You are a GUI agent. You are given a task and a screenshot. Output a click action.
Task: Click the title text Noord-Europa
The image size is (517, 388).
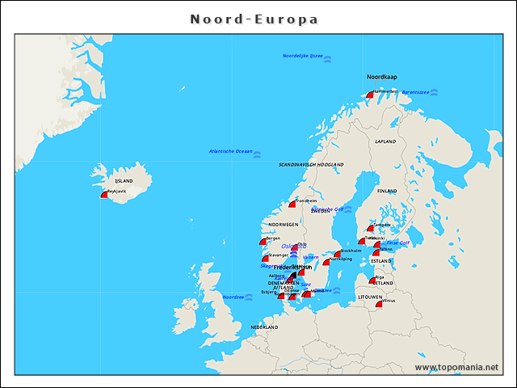pyautogui.click(x=254, y=19)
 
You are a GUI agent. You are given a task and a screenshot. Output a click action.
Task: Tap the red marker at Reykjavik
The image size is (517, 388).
pyautogui.click(x=103, y=194)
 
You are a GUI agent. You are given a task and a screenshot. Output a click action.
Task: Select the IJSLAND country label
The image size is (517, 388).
pyautogui.click(x=124, y=181)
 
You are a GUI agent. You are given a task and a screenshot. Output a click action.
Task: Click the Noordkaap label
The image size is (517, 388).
pyautogui.click(x=382, y=77)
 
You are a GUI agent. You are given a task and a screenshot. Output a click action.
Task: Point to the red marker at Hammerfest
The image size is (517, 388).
pyautogui.click(x=370, y=95)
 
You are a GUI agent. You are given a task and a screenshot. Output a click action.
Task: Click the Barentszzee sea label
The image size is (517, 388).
pyautogui.click(x=415, y=92)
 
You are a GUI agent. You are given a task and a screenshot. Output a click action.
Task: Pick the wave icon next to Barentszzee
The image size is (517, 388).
pyautogui.click(x=435, y=92)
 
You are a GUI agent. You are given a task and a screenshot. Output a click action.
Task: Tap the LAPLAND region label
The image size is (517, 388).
pyautogui.click(x=385, y=141)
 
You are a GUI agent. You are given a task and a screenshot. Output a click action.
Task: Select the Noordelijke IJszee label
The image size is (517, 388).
pyautogui.click(x=302, y=56)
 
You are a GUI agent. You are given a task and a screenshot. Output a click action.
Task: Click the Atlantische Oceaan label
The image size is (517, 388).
pyautogui.click(x=230, y=151)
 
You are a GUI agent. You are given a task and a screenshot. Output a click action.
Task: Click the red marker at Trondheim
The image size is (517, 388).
pyautogui.click(x=293, y=204)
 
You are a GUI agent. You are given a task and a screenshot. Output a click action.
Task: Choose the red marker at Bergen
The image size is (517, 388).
pyautogui.click(x=263, y=242)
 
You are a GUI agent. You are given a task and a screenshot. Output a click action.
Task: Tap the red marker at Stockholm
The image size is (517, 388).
pyautogui.click(x=338, y=254)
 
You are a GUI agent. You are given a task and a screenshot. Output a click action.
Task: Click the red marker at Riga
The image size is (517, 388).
pyautogui.click(x=372, y=280)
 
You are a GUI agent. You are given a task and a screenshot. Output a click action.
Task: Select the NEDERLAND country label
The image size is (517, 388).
pyautogui.click(x=264, y=327)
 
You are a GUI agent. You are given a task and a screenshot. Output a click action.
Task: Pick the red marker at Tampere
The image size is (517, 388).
pyautogui.click(x=371, y=228)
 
